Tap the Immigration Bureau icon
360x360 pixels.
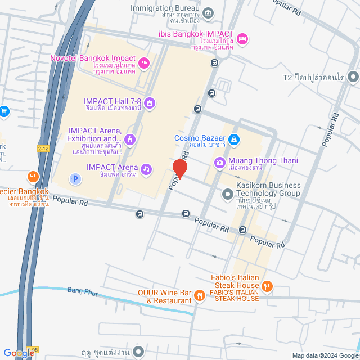(208, 12)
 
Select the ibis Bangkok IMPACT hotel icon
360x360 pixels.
(242, 38)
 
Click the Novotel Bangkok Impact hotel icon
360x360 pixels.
(143, 62)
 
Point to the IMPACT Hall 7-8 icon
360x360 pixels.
(150, 102)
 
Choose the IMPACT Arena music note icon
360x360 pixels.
(146, 169)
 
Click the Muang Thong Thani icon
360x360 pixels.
(219, 163)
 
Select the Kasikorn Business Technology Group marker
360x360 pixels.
(228, 194)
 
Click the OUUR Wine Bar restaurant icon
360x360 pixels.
(199, 295)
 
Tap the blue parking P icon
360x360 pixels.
(75, 179)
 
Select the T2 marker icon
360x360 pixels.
(353, 76)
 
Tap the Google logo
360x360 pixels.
(18, 353)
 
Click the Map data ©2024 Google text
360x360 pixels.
(325, 355)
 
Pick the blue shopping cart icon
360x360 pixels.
(4, 111)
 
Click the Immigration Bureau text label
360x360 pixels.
(165, 8)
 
